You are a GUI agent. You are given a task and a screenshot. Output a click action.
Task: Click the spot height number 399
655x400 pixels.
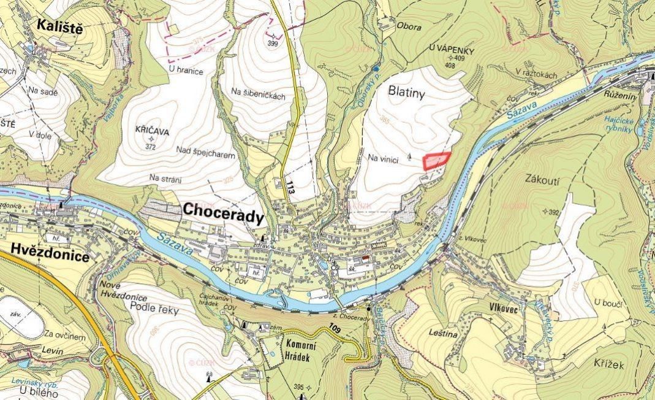(273, 43)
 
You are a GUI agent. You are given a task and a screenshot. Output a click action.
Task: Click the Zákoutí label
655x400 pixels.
(543, 179)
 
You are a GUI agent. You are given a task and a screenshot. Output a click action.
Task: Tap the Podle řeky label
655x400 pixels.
(154, 310)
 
